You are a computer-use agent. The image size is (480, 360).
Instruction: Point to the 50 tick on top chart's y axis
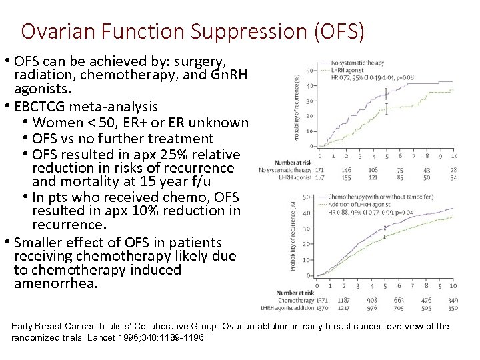pyautogui.click(x=309, y=71)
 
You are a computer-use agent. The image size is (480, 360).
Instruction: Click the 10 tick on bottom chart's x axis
pyautogui.click(x=453, y=286)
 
